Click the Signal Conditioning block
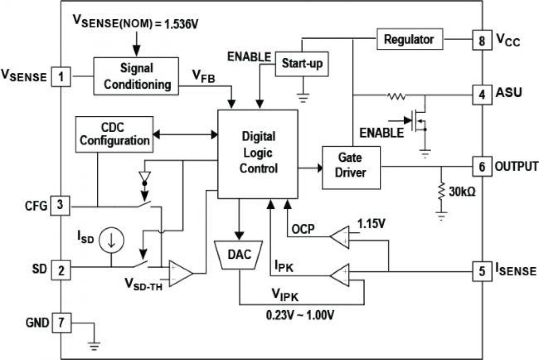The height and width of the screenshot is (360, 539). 136,76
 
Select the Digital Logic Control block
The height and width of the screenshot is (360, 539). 258,154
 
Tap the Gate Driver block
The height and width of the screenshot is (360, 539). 351,167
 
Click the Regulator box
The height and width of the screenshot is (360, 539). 409,39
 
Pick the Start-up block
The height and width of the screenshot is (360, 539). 302,64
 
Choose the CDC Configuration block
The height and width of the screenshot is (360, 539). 115,134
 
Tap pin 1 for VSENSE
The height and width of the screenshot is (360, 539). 61,77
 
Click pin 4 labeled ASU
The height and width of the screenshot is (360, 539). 482,93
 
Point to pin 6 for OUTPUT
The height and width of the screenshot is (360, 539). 482,166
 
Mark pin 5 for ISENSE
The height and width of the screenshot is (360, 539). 482,271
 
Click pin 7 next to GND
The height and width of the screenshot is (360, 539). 61,322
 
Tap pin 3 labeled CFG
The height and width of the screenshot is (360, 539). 61,206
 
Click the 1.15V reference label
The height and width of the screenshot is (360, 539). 372,224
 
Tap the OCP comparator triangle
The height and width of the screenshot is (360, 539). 340,237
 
